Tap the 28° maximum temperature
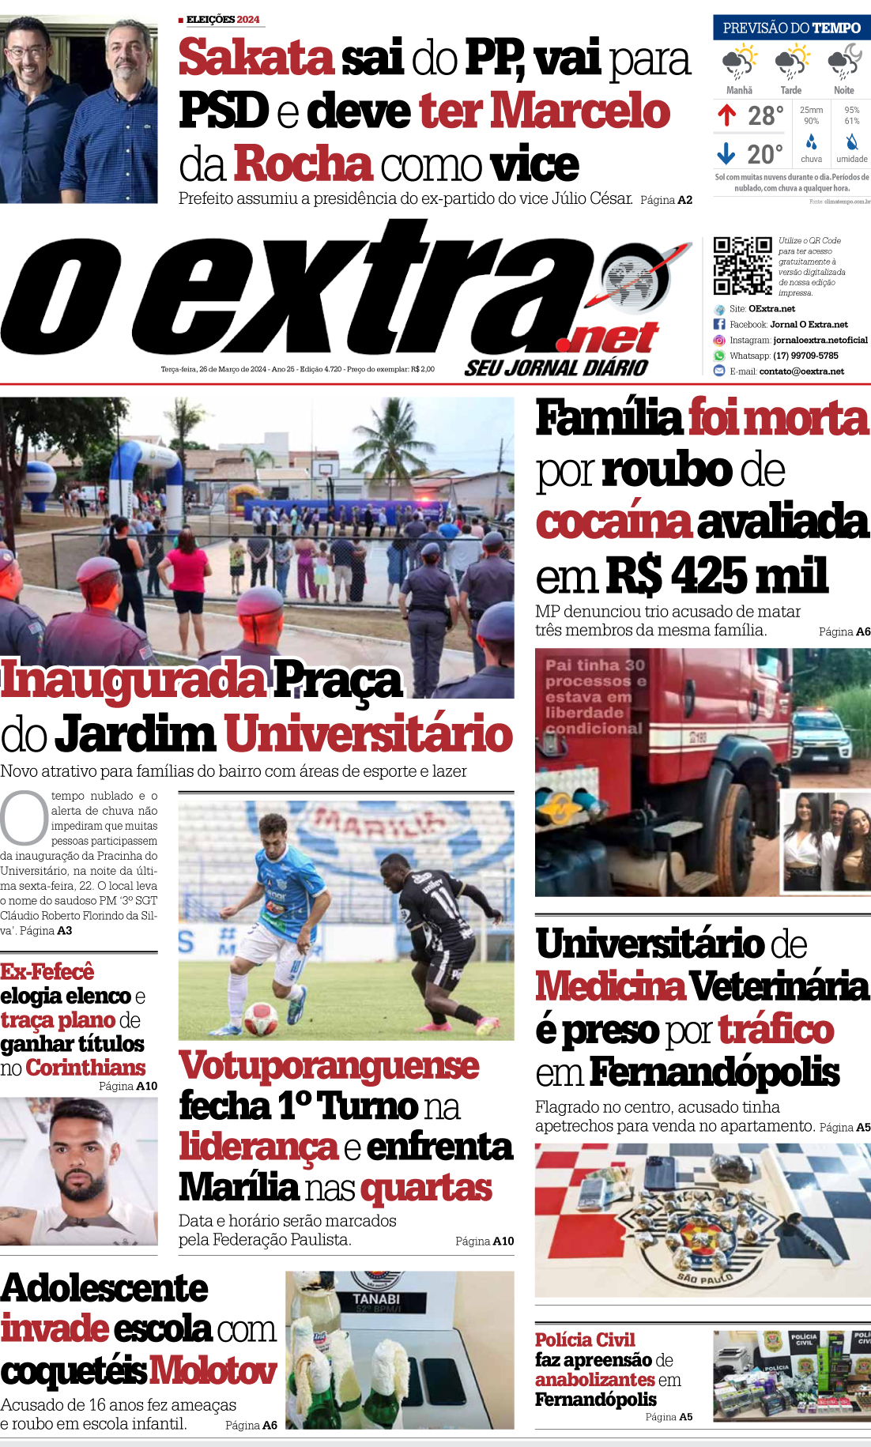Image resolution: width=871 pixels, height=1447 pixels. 765,116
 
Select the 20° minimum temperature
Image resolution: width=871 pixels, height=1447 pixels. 765,154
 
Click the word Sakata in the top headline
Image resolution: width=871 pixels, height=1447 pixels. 256,58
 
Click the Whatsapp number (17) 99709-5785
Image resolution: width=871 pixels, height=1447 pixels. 805,356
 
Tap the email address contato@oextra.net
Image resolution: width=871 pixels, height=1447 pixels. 801,371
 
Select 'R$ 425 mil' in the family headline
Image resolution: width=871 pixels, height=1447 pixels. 717,575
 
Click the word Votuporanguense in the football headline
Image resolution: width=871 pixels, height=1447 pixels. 329,1066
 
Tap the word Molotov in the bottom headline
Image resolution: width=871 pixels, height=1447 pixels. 213,1370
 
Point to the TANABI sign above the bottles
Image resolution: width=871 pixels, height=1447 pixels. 376,1299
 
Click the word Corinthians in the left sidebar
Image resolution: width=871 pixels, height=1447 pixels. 85,1068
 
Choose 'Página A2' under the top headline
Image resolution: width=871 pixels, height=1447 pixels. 666,200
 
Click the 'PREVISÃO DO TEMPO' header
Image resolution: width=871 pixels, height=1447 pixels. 791,28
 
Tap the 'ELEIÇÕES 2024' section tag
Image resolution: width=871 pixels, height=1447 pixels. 222,19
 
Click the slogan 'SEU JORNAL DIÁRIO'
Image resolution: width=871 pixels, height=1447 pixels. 556,367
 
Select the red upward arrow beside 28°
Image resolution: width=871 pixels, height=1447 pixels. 727,116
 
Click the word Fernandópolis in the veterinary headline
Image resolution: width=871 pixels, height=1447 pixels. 715,1072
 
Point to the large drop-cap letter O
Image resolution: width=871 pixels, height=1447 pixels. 24,818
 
